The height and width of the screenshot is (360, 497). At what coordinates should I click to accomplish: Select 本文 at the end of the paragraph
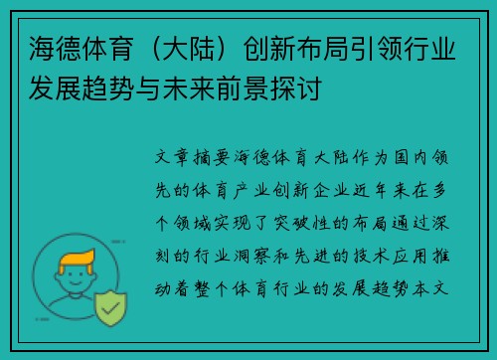pos(438,280)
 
